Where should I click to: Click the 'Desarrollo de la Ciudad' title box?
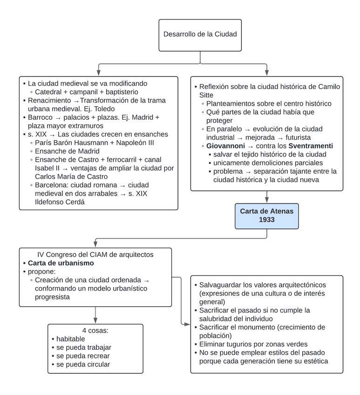(x=200, y=34)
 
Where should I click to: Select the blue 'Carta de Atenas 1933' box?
(x=266, y=216)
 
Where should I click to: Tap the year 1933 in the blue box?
(x=267, y=220)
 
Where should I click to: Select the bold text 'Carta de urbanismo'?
(x=61, y=263)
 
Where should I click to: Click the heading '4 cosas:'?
(x=95, y=330)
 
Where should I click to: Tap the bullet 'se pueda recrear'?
(x=83, y=355)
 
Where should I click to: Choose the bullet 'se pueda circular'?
(x=83, y=364)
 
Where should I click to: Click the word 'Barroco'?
(x=41, y=117)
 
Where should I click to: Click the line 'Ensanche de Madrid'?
(x=67, y=151)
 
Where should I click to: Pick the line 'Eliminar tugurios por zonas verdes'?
(x=253, y=344)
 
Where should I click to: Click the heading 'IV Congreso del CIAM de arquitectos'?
(x=95, y=254)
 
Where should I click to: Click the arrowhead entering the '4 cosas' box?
(x=95, y=320)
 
